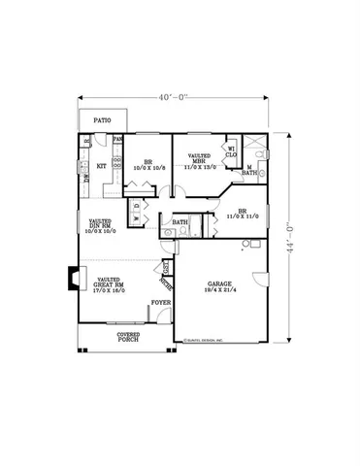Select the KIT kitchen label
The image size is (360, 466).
click(100, 166)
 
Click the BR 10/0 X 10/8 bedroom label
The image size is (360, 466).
click(148, 164)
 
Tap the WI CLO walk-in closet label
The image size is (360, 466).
click(231, 151)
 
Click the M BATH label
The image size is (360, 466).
click(248, 171)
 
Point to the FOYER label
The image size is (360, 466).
click(160, 303)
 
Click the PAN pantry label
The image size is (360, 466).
click(117, 139)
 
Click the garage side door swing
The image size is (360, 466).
click(257, 278)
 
